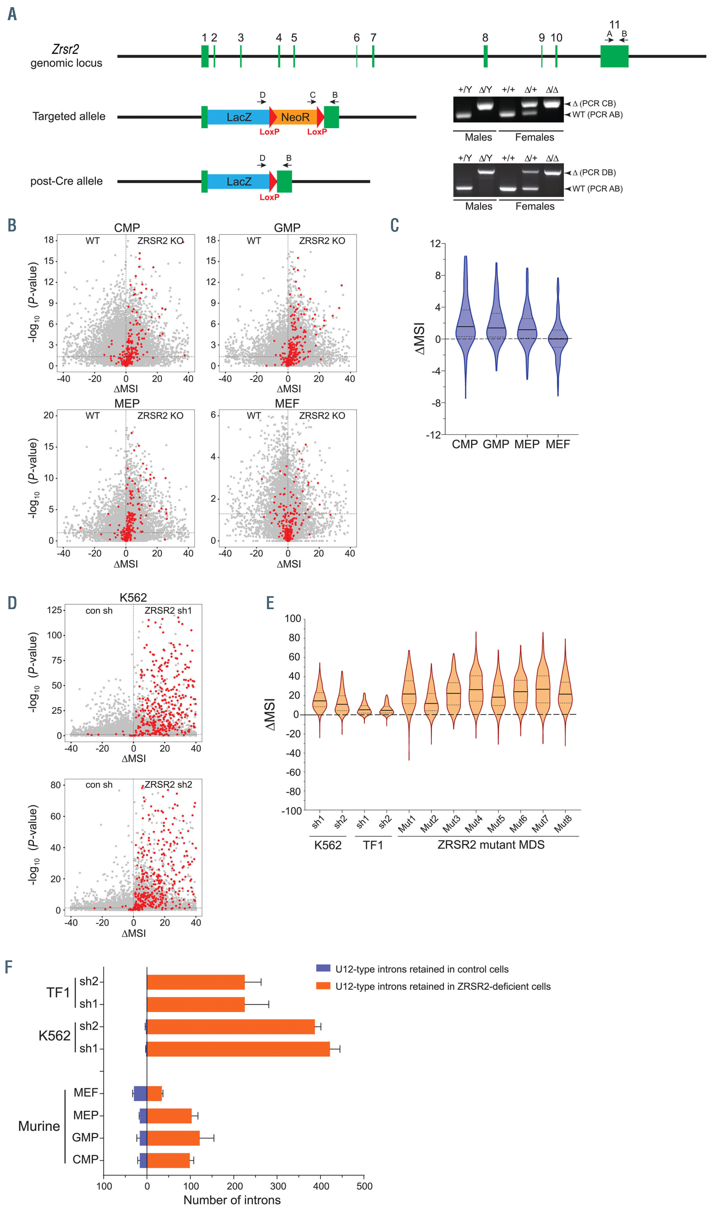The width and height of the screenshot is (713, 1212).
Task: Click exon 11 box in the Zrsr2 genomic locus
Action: coord(614,56)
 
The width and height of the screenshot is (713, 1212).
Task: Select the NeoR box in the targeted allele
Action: coord(295,117)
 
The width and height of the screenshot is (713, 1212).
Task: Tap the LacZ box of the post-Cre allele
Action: coord(239,182)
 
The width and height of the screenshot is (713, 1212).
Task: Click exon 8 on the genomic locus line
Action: coord(485,56)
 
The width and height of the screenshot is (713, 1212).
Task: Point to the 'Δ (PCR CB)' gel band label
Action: coord(594,103)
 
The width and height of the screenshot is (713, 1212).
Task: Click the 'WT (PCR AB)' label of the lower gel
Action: coord(597,189)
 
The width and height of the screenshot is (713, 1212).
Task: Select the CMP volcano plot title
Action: coord(127,228)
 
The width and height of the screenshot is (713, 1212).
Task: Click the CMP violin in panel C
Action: coord(465,327)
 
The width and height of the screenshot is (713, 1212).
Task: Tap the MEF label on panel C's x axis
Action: coord(557,444)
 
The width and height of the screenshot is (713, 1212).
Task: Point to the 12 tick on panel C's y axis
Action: coord(435,244)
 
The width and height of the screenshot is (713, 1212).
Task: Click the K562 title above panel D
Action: coord(133,597)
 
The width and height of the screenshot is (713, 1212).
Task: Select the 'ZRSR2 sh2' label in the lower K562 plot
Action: coord(168,784)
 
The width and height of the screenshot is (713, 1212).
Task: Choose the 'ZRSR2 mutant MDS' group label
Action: coord(491,845)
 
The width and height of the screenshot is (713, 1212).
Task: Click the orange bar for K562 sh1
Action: coord(238,1049)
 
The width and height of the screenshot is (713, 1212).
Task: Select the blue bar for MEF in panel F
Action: coord(140,1093)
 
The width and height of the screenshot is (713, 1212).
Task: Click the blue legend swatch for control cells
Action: coord(323,969)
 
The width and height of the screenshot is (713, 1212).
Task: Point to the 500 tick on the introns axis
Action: coord(364,1186)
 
